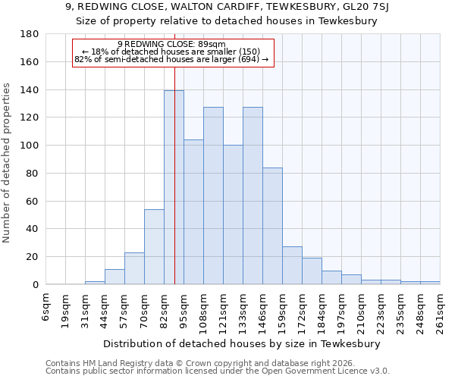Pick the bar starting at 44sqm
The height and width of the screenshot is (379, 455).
tap(115, 277)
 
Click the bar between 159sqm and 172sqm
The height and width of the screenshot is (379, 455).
tap(292, 265)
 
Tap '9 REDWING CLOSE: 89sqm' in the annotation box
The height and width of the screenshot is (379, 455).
tap(171, 44)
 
